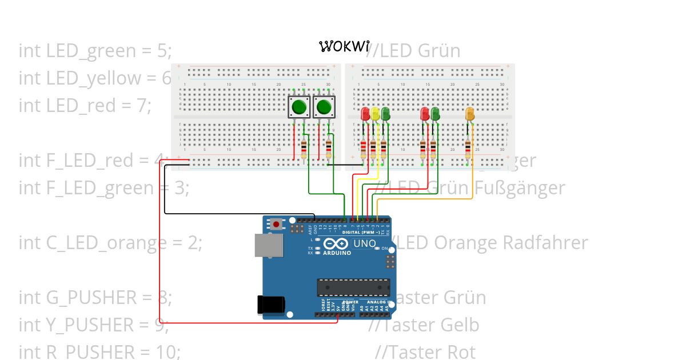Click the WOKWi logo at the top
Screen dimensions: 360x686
pyautogui.click(x=344, y=46)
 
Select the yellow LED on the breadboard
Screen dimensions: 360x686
pyautogui.click(x=375, y=114)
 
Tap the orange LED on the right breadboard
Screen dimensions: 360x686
pyautogui.click(x=470, y=114)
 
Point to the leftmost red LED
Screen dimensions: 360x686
pyautogui.click(x=365, y=114)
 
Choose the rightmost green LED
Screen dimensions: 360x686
pyautogui.click(x=435, y=114)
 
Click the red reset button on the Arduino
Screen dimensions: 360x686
pyautogui.click(x=277, y=224)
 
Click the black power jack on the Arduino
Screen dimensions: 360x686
pyautogui.click(x=270, y=304)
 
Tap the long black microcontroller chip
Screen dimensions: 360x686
pyautogui.click(x=353, y=287)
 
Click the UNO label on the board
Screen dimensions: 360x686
pyautogui.click(x=365, y=244)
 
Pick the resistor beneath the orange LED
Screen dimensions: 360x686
pyautogui.click(x=469, y=150)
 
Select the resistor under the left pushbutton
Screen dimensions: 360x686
pyautogui.click(x=304, y=150)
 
